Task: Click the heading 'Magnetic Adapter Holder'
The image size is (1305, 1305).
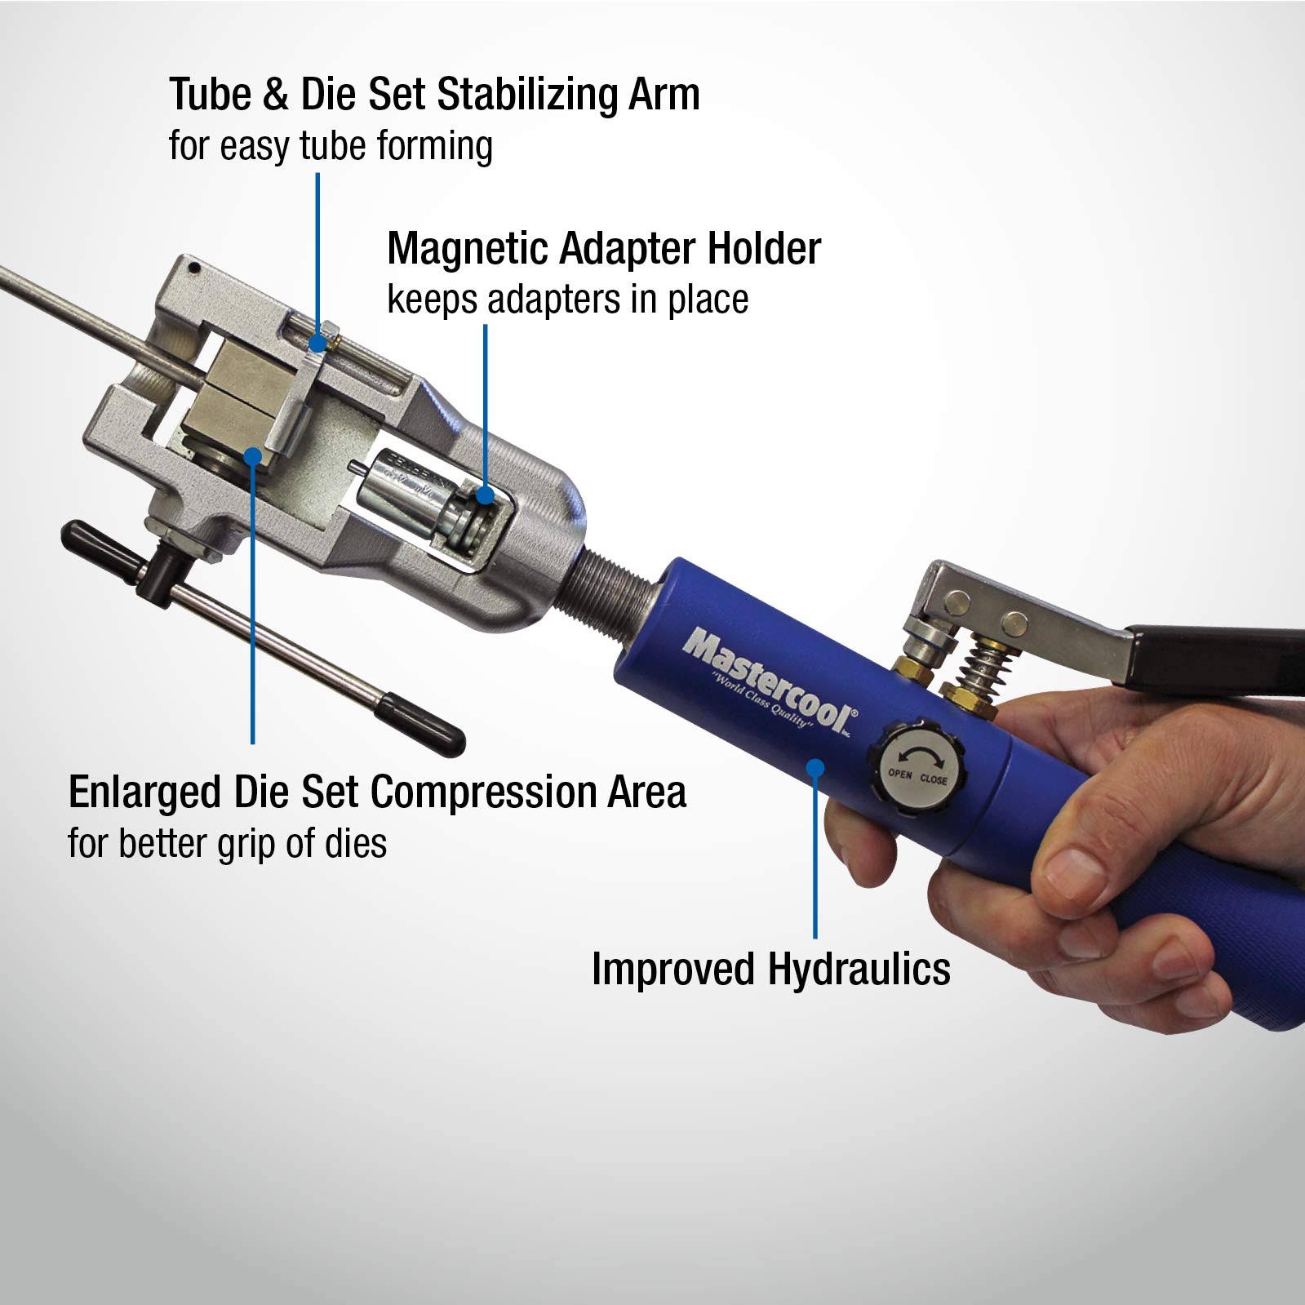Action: (603, 248)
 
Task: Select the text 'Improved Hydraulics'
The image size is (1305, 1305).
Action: (770, 969)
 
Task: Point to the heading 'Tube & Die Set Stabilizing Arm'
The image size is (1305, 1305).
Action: (434, 95)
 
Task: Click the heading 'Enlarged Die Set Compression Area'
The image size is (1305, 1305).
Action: (377, 792)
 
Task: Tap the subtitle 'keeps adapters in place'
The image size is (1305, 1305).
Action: (567, 299)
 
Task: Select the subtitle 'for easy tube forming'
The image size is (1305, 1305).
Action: (331, 147)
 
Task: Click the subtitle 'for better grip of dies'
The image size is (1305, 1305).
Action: (227, 843)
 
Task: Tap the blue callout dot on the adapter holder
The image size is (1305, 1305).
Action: (486, 495)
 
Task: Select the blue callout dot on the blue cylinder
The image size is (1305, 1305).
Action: (815, 765)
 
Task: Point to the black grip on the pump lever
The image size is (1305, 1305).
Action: (1216, 653)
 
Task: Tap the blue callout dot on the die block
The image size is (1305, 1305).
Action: (254, 455)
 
